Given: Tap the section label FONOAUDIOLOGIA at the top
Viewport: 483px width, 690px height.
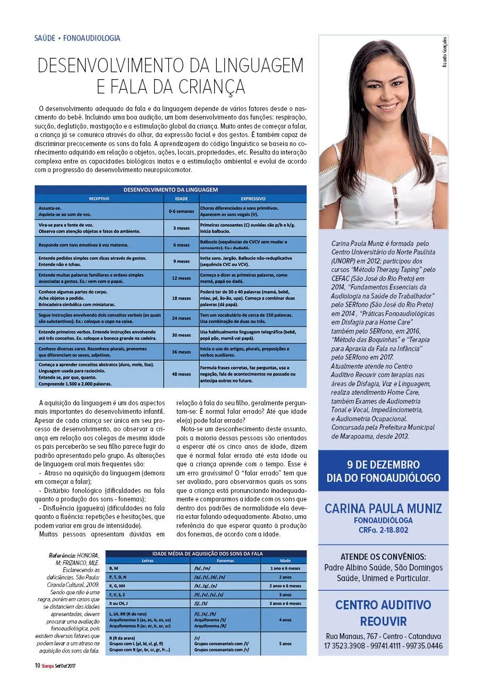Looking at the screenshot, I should [x=91, y=38].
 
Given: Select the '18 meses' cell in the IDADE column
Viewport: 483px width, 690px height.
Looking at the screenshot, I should [x=181, y=298].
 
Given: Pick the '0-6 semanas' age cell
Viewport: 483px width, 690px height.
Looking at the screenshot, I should [x=181, y=211].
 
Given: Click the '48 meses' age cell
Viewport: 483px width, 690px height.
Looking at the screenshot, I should [x=181, y=374].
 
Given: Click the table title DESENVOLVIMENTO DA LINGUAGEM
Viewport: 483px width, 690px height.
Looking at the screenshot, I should [x=171, y=190].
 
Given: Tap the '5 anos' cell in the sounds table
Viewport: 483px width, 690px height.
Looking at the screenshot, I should [x=285, y=643].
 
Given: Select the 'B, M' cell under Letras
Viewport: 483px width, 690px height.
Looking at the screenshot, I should [x=114, y=568].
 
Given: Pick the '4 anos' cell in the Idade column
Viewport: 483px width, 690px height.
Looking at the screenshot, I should [x=285, y=619].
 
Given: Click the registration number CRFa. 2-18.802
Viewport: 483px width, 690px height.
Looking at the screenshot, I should [x=383, y=530].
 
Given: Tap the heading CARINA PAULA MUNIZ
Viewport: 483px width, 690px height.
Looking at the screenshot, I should [x=383, y=508].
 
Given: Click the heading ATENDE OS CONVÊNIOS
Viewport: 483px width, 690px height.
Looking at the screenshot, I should [x=383, y=557].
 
